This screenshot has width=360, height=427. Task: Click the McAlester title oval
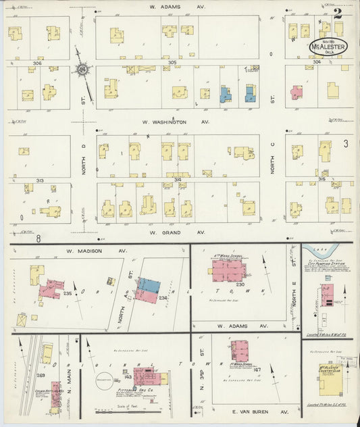point(328,47)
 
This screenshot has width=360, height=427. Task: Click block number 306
point(36,62)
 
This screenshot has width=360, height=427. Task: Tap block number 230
point(240,284)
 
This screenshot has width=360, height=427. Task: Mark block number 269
point(41,376)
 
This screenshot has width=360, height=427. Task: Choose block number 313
point(40,180)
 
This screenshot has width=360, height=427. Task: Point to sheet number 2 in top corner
point(337,11)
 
